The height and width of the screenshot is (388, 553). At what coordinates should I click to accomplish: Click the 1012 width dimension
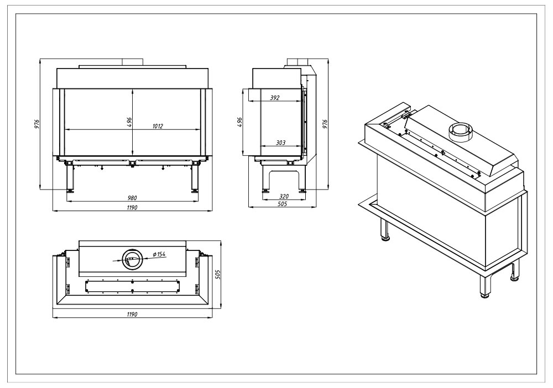[x=158, y=126]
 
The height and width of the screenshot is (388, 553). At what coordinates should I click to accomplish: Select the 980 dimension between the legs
[x=132, y=198]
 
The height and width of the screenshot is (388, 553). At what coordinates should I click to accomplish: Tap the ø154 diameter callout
[x=159, y=254]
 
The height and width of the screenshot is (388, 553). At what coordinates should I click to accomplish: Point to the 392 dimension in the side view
[x=275, y=98]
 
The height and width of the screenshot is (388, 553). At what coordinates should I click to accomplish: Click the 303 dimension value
[x=281, y=143]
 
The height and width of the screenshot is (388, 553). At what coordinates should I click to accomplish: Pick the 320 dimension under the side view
[x=284, y=197]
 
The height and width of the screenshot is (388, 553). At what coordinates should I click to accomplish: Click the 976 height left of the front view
[x=36, y=124]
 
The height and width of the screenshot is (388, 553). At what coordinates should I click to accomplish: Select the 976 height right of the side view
[x=325, y=124]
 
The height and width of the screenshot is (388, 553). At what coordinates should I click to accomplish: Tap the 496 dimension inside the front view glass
[x=129, y=122]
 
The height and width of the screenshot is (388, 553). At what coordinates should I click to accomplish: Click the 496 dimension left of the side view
[x=240, y=122]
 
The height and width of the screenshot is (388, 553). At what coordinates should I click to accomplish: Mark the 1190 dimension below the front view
[x=132, y=208]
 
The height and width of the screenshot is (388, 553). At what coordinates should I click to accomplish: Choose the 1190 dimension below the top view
[x=132, y=314]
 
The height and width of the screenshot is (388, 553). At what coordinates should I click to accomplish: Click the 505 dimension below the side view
[x=283, y=204]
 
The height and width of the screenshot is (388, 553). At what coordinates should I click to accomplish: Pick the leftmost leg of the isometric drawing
[x=384, y=230]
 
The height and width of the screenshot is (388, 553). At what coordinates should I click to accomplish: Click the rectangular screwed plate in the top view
[x=133, y=286]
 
